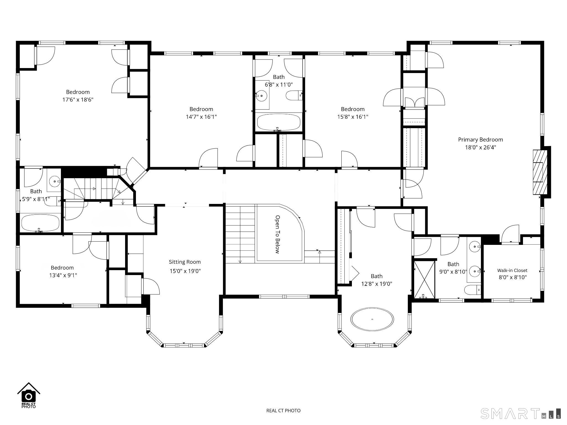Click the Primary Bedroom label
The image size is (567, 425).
(480, 140)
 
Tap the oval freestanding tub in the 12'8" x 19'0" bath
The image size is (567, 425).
(372, 319)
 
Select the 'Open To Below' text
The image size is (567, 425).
(277, 234)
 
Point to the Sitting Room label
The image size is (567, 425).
(185, 262)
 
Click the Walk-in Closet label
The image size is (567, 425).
(512, 271)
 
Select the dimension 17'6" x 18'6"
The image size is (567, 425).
(78, 100)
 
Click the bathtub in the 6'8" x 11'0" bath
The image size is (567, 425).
(279, 122)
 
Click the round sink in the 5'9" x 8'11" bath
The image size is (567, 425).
(55, 182)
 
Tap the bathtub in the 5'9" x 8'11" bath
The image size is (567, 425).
(40, 223)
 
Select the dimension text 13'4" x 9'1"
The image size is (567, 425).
(62, 275)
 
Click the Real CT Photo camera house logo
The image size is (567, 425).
(29, 395)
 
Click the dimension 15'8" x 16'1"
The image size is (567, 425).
(352, 117)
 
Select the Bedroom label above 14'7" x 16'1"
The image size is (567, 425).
(201, 109)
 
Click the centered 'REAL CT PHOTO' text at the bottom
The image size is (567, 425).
(283, 411)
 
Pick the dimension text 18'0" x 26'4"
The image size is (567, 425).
(480, 147)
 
